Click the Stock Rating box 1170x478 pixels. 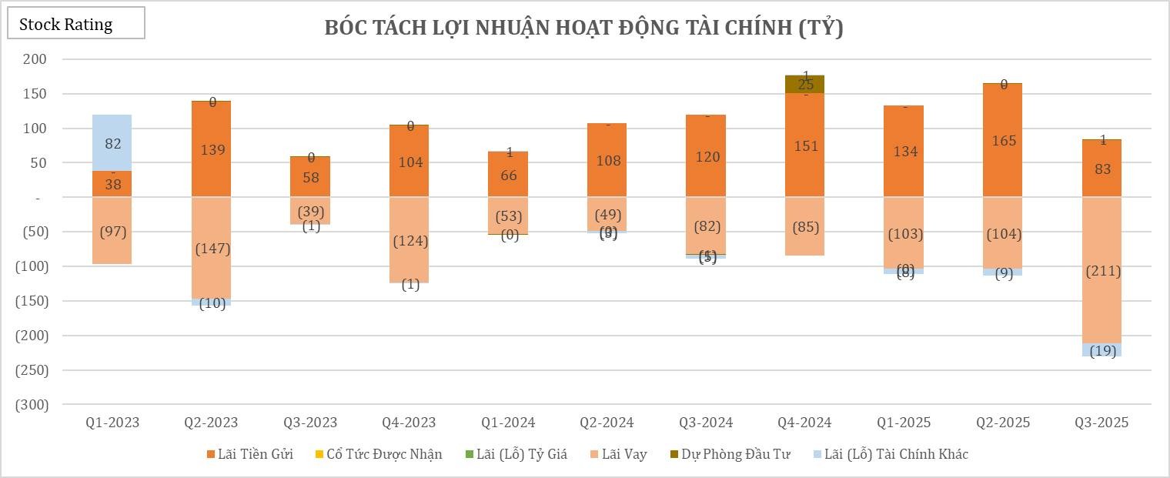[75, 24]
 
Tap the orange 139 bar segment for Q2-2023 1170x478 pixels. [212, 149]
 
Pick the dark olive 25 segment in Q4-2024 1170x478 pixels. [805, 85]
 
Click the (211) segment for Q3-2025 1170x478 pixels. [1102, 270]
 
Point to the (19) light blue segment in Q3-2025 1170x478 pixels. [1102, 350]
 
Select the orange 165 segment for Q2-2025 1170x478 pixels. [1003, 140]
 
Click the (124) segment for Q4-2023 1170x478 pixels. [409, 240]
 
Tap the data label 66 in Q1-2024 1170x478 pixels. [509, 175]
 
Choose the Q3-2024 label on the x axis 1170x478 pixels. [705, 423]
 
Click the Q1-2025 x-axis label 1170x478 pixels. [904, 423]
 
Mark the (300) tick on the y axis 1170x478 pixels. [31, 405]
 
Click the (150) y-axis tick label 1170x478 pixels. [31, 301]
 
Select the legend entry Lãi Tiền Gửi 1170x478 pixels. [249, 454]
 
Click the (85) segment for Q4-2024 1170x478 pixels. [805, 227]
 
